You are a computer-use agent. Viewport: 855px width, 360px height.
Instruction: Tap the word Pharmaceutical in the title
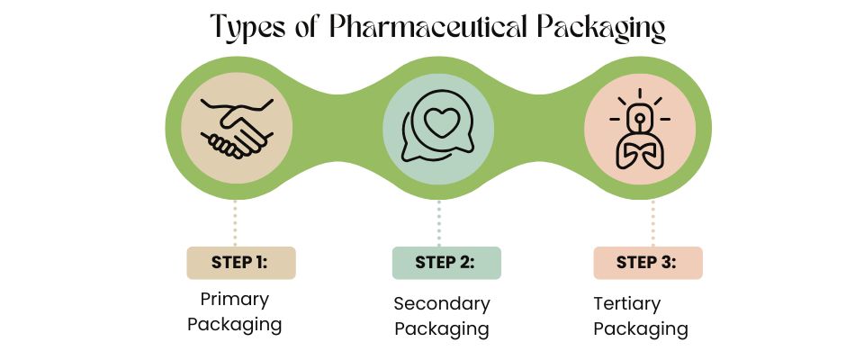pyautogui.click(x=427, y=27)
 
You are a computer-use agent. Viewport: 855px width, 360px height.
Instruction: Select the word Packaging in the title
pyautogui.click(x=602, y=27)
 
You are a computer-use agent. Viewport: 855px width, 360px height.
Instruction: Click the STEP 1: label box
pyautogui.click(x=240, y=263)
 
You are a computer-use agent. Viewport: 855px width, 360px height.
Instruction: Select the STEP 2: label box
pyautogui.click(x=445, y=263)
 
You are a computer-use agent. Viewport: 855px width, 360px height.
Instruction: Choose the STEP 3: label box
pyautogui.click(x=647, y=263)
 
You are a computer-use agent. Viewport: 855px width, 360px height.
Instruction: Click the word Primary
pyautogui.click(x=234, y=299)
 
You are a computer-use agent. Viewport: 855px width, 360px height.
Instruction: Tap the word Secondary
pyautogui.click(x=442, y=303)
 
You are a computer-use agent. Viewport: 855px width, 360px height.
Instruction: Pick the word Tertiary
pyautogui.click(x=627, y=303)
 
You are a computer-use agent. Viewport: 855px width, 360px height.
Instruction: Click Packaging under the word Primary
pyautogui.click(x=234, y=324)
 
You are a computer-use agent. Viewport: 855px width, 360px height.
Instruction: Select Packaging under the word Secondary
pyautogui.click(x=442, y=328)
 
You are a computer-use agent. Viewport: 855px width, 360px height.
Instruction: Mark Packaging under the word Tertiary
pyautogui.click(x=641, y=328)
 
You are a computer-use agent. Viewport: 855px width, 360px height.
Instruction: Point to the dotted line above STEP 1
pyautogui.click(x=236, y=220)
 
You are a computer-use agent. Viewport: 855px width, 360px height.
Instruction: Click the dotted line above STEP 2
pyautogui.click(x=439, y=220)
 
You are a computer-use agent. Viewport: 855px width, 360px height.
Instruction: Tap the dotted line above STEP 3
pyautogui.click(x=653, y=220)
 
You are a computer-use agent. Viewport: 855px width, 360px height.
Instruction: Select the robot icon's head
pyautogui.click(x=640, y=115)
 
